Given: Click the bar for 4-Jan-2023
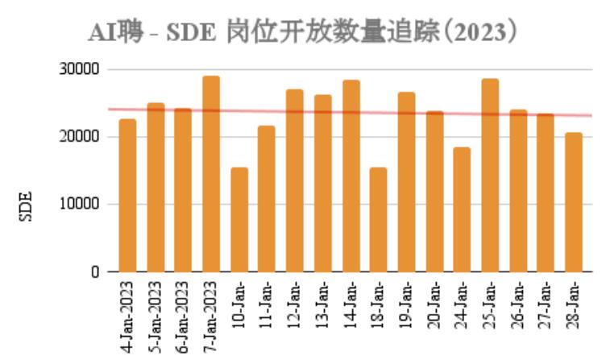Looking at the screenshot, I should click(x=127, y=196).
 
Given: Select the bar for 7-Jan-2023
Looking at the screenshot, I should click(x=211, y=174).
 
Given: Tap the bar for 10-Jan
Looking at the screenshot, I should click(x=239, y=220).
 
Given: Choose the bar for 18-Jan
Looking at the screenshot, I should click(x=379, y=220).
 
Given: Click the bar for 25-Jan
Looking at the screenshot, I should click(x=490, y=175).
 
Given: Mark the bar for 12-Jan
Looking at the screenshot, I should click(x=295, y=180).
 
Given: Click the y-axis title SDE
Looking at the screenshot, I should click(x=24, y=205).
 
